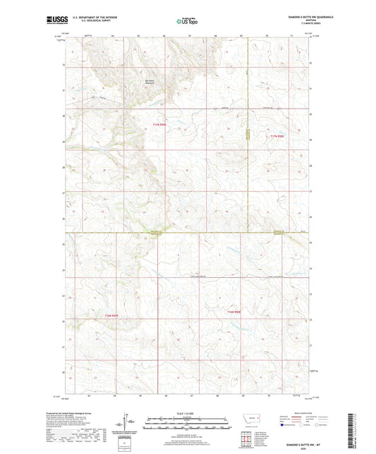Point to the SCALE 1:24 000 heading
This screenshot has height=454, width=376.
point(187,414)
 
